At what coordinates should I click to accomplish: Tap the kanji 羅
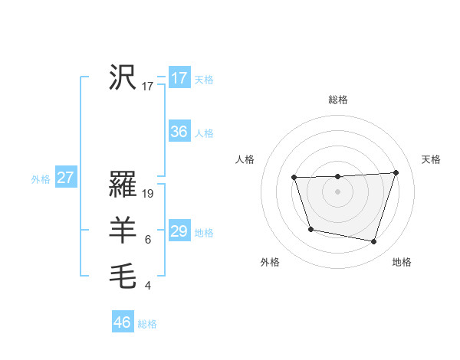(x=123, y=185)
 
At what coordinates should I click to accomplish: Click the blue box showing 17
(x=179, y=78)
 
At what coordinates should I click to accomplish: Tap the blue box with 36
(x=179, y=132)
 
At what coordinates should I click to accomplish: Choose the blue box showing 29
(x=179, y=231)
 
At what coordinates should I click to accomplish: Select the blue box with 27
(x=66, y=178)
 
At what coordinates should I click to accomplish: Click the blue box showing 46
(x=123, y=322)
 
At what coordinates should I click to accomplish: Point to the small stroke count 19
(x=149, y=194)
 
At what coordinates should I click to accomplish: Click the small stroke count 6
(x=148, y=240)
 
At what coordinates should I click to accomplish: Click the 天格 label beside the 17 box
(x=204, y=80)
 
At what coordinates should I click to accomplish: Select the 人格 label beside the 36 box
(x=204, y=133)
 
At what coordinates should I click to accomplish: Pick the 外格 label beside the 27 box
(x=41, y=179)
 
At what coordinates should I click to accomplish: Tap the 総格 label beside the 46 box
(x=147, y=324)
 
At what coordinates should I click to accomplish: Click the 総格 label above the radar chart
(x=337, y=100)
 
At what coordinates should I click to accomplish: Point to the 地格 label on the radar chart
(x=402, y=262)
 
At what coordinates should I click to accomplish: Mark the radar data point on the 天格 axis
(x=396, y=172)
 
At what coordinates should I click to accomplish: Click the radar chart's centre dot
(x=337, y=191)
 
